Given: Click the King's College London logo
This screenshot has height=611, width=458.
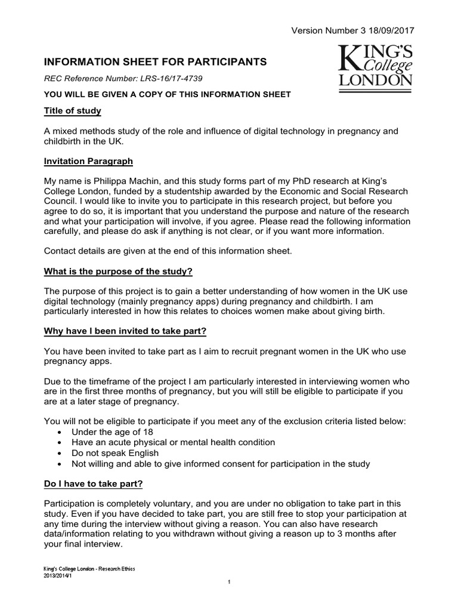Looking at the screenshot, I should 375,66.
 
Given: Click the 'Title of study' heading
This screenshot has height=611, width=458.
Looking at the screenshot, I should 73,111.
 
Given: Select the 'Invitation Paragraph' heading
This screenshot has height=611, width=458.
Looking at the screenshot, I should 89,162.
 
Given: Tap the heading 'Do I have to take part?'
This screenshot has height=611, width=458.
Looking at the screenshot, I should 94,483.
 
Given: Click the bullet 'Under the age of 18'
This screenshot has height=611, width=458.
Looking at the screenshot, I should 113,431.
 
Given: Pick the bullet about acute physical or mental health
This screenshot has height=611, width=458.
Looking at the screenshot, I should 173,442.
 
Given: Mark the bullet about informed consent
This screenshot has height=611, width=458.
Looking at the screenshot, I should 221,464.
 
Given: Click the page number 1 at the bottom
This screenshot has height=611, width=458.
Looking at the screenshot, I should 229,582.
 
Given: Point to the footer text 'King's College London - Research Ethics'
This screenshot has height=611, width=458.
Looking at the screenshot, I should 90,569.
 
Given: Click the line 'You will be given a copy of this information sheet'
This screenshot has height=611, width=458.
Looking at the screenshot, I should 168,94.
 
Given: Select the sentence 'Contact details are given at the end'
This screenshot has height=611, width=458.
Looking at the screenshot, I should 168,251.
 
